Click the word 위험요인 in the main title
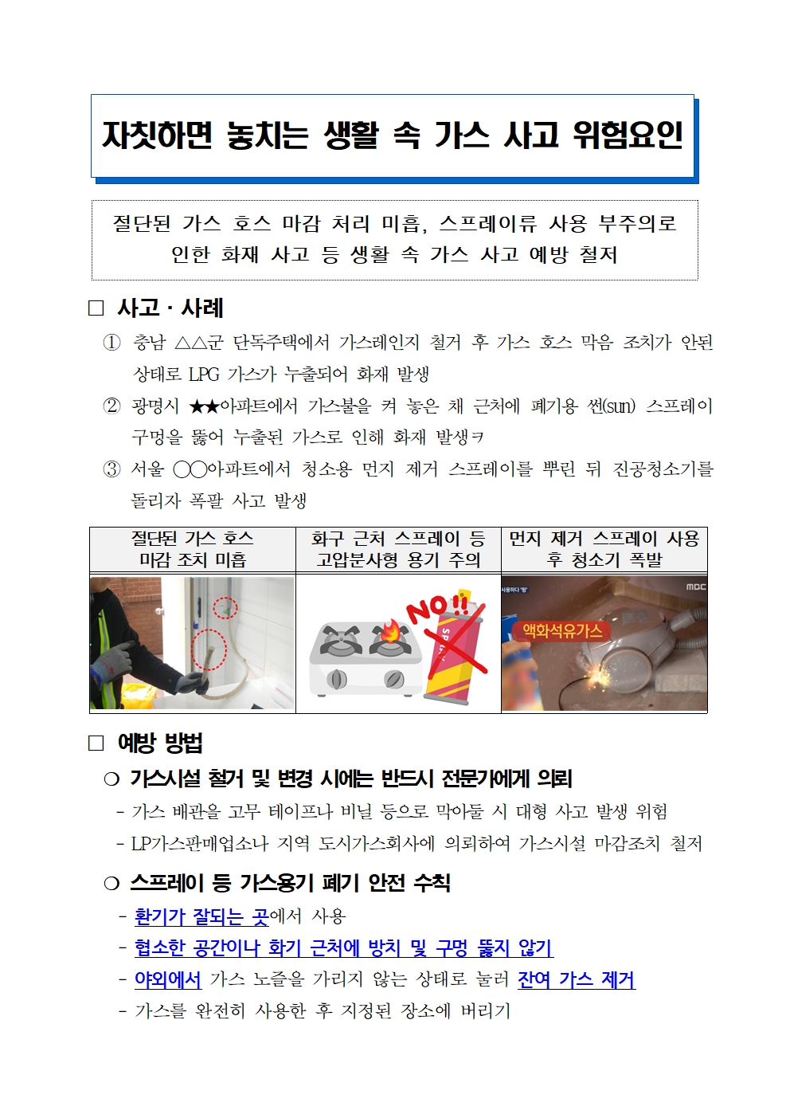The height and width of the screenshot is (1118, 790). coord(628,135)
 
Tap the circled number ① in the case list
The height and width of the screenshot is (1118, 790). coord(111,343)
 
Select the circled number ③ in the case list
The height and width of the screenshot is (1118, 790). coord(111,469)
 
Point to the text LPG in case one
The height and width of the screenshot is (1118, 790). coord(204,374)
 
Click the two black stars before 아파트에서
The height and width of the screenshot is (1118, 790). coord(205,406)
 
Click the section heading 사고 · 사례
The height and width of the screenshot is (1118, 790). coord(170,308)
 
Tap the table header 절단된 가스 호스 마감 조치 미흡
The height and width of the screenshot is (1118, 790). coord(193,549)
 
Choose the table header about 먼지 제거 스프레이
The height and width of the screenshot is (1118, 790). coord(604,549)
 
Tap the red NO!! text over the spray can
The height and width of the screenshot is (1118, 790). coord(438,609)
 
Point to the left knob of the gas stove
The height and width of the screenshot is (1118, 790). coord(337,679)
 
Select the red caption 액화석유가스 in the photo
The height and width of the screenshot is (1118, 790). coord(562,631)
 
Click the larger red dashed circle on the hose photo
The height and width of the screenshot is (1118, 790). coord(209,649)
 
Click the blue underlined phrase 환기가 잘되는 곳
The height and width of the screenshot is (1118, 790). coord(201,916)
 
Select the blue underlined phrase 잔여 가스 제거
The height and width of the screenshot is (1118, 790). coord(577,979)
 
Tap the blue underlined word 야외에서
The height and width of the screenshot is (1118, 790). coord(168,979)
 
